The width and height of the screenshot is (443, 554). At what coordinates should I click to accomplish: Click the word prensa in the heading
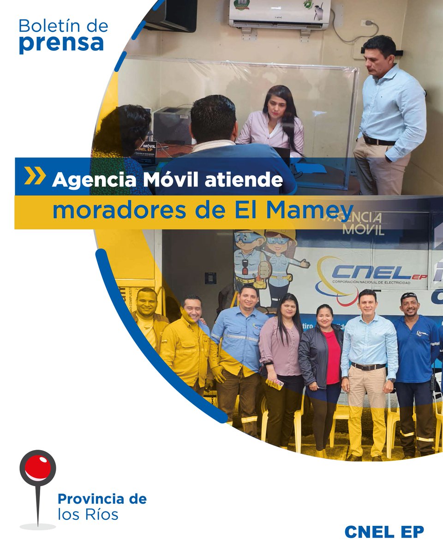point(61,43)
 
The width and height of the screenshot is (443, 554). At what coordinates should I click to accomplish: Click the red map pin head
point(38,467)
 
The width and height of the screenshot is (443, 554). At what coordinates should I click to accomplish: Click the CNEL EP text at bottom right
point(384,531)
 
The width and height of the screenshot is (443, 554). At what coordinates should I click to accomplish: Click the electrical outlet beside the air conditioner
point(368,23)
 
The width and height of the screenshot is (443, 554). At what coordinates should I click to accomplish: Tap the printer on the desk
point(172,124)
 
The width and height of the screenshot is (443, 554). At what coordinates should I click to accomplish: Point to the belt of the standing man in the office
point(378,140)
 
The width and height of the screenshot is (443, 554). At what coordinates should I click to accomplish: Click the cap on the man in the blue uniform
point(408,296)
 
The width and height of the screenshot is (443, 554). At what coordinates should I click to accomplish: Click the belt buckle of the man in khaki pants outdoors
point(368,367)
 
